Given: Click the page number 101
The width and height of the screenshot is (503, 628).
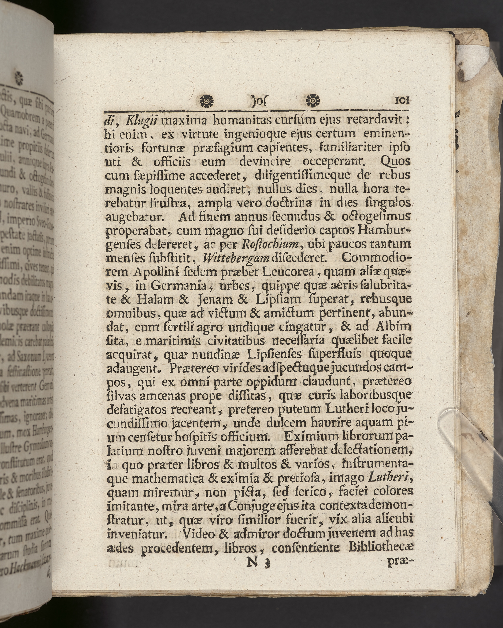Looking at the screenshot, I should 402,100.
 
